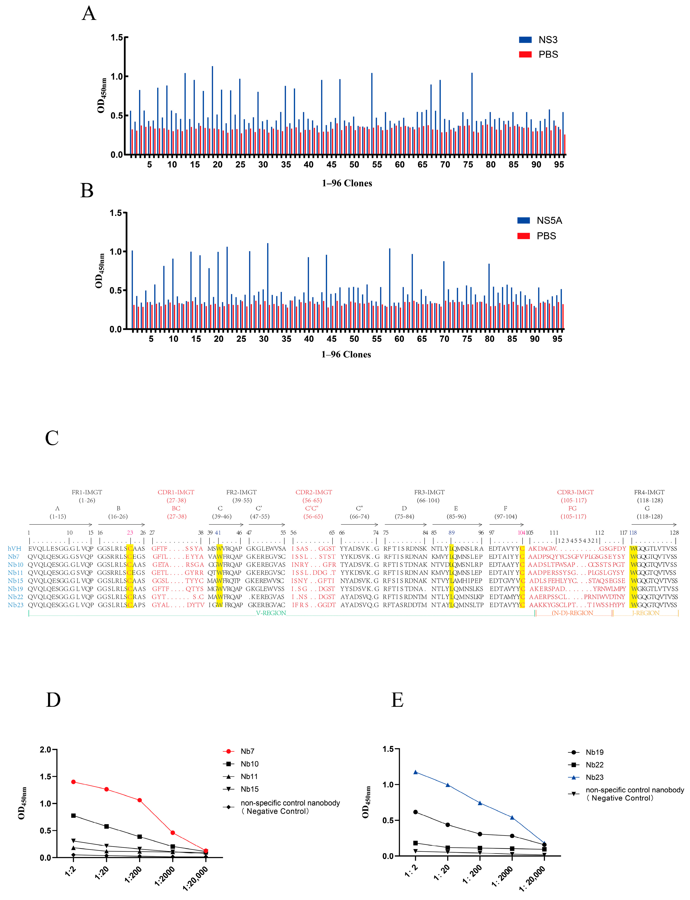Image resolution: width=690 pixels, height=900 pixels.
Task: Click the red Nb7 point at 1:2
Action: (x=73, y=782)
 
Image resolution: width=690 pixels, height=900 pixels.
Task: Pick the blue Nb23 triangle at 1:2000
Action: (x=512, y=817)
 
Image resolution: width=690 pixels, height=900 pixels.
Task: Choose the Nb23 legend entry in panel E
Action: (x=594, y=777)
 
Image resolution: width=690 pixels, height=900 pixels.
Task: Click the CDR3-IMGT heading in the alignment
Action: (x=575, y=492)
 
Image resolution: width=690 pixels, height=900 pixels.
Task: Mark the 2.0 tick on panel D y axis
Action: (x=45, y=750)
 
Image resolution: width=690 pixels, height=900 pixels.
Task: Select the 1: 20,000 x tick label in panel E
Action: (x=532, y=878)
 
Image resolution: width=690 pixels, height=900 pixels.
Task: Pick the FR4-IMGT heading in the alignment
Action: (x=649, y=492)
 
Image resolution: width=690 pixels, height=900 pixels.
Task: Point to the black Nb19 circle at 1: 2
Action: (x=415, y=812)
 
